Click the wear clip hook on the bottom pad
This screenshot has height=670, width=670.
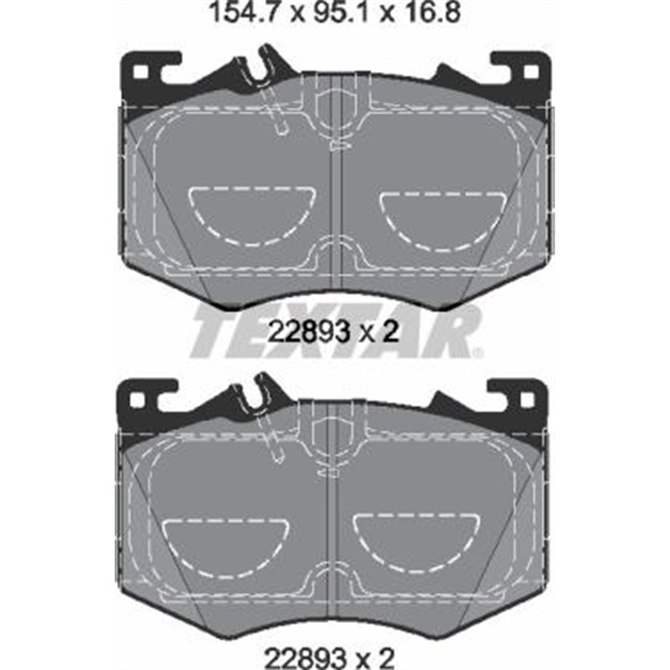click(x=261, y=394)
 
